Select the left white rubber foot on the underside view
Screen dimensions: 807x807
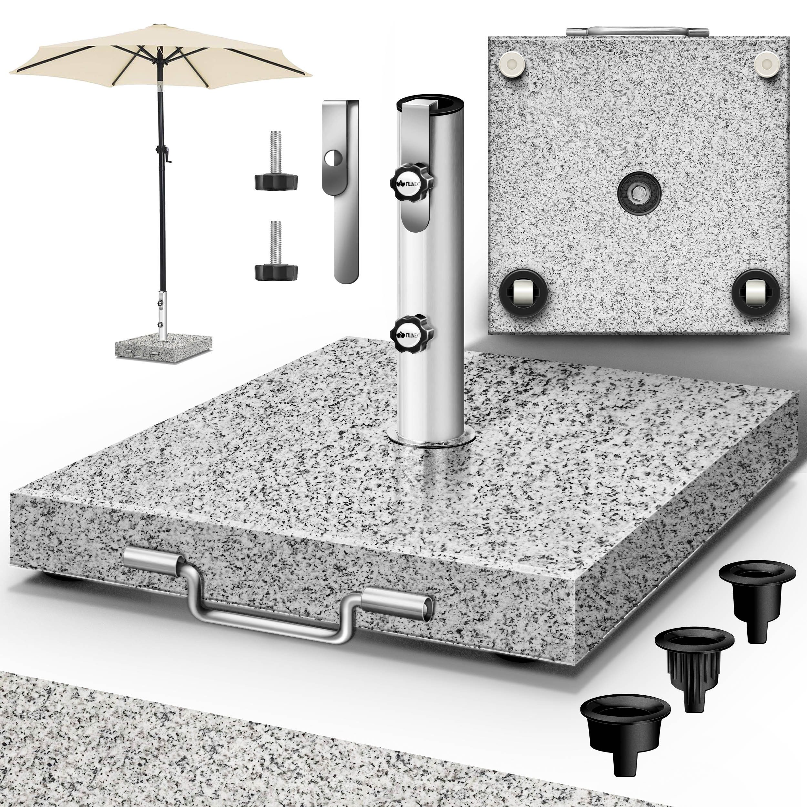tap(512, 63)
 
